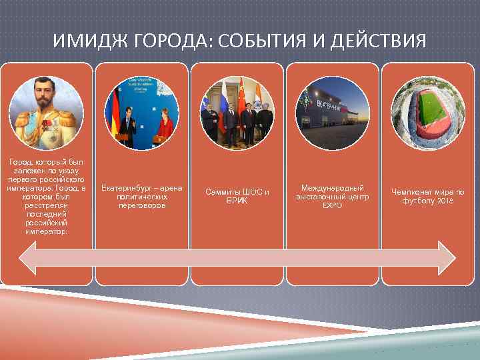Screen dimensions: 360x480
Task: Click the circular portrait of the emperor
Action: pyautogui.click(x=45, y=112)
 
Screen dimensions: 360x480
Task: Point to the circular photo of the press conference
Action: pyautogui.click(x=141, y=112)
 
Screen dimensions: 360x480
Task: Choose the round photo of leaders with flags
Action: pyautogui.click(x=237, y=112)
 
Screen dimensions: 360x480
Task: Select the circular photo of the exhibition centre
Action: pyautogui.click(x=332, y=112)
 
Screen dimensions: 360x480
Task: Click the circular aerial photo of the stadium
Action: pyautogui.click(x=427, y=112)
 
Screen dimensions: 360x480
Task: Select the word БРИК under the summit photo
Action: pyautogui.click(x=237, y=201)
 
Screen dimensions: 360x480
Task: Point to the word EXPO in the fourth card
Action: pyautogui.click(x=332, y=206)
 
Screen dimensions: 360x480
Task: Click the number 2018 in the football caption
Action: pyautogui.click(x=445, y=201)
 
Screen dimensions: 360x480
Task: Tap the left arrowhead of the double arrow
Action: pyautogui.click(x=28, y=257)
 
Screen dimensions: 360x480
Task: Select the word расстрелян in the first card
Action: pyautogui.click(x=45, y=206)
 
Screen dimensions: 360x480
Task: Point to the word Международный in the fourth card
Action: pyautogui.click(x=332, y=189)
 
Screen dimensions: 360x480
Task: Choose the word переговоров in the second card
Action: pyautogui.click(x=141, y=206)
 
